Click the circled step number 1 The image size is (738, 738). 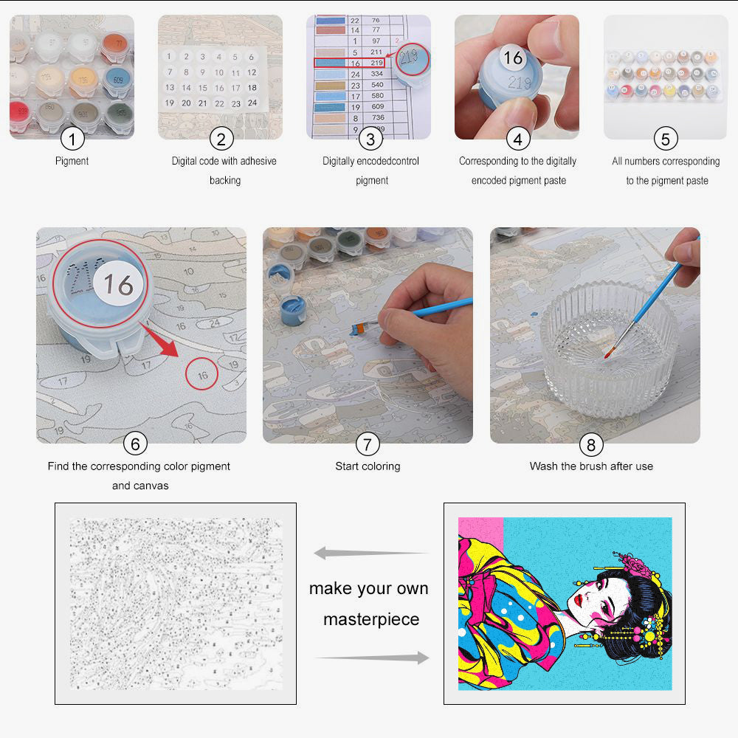click(x=72, y=138)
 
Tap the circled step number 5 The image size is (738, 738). click(x=666, y=138)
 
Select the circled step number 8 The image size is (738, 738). click(x=590, y=444)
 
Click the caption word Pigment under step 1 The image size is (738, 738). click(x=72, y=160)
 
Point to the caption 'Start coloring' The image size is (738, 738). click(x=368, y=466)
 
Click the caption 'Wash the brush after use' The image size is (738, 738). click(x=591, y=466)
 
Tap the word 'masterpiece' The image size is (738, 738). click(x=371, y=619)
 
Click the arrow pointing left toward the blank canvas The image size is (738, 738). click(x=369, y=553)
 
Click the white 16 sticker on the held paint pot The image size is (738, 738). click(x=512, y=57)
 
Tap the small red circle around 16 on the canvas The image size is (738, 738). click(x=202, y=375)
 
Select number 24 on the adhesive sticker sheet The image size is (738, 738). click(x=252, y=103)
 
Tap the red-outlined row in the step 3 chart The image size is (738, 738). click(x=349, y=63)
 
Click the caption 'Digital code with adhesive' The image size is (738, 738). click(x=224, y=160)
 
